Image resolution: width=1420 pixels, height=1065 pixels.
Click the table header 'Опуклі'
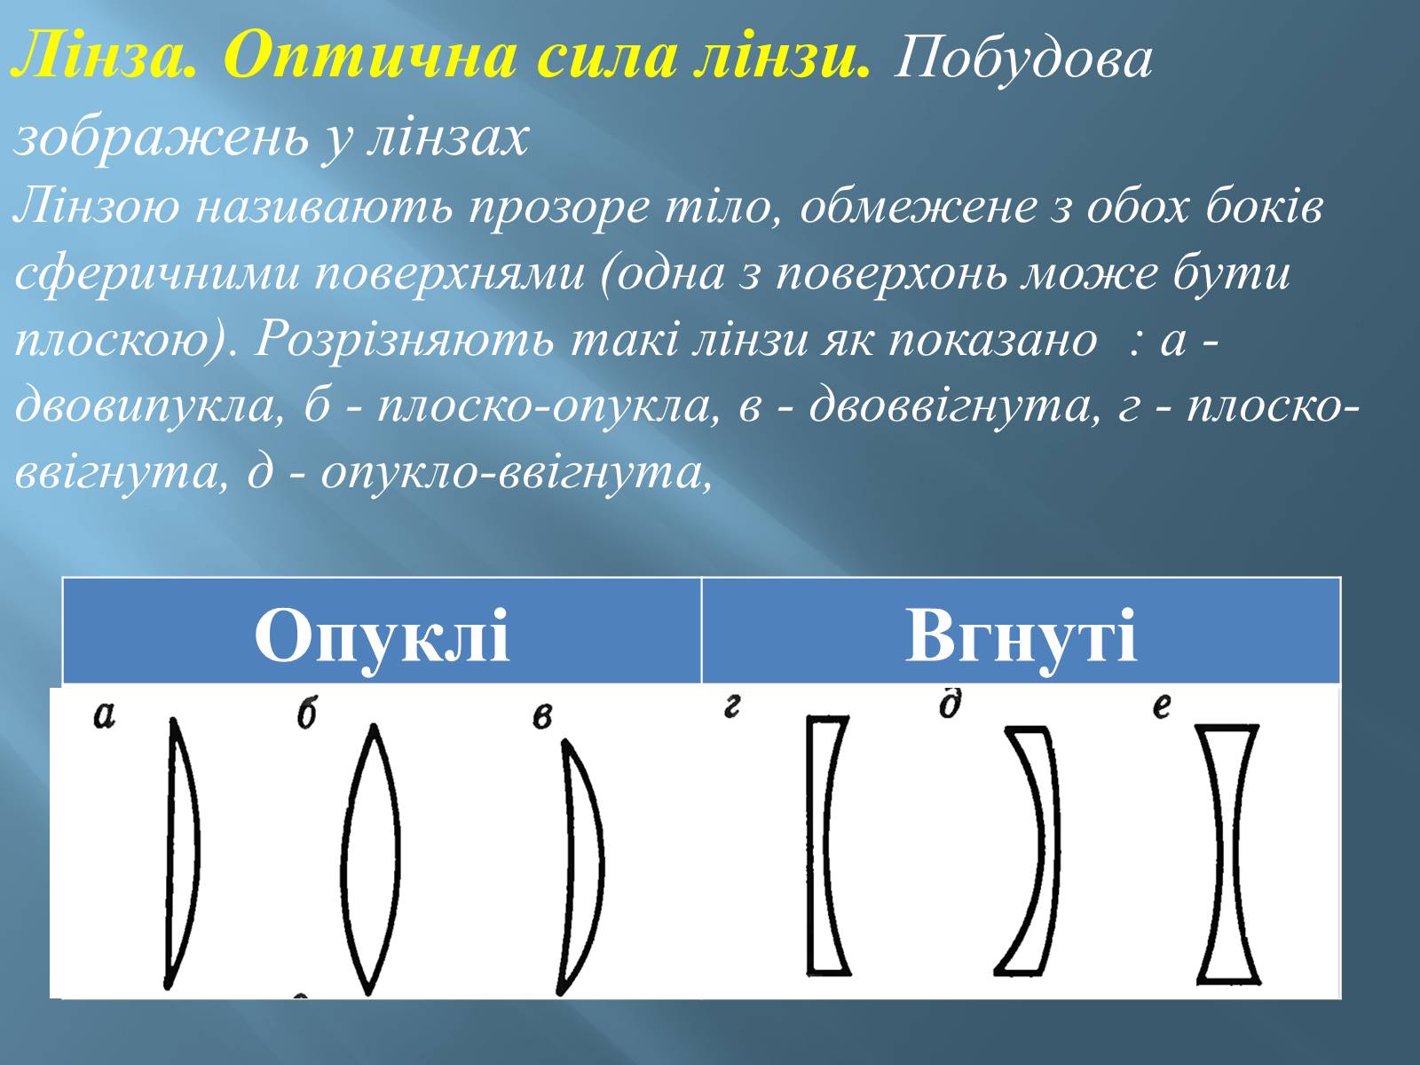(382, 637)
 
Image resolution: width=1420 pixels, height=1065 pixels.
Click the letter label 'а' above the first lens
(105, 716)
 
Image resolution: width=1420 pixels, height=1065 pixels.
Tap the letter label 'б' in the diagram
(307, 714)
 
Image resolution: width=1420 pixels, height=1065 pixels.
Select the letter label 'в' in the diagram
(542, 718)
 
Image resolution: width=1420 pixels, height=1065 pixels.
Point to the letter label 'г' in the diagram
(731, 706)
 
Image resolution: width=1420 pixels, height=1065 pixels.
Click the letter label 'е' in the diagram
(1162, 706)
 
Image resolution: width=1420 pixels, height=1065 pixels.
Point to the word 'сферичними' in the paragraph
(156, 273)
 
